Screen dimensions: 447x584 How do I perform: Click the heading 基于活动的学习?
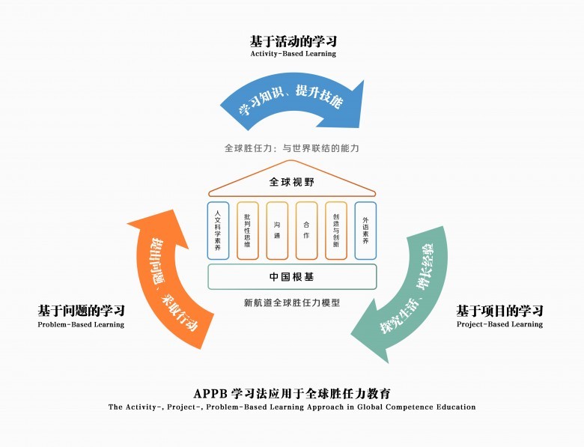point(293,40)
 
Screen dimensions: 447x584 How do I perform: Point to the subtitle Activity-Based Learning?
point(293,54)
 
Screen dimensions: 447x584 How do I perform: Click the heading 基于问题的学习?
point(81,311)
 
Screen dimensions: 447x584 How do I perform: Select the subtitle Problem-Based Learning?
point(81,325)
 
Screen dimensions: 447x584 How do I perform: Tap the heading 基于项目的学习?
point(499,311)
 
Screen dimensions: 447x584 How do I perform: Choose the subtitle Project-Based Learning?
point(499,325)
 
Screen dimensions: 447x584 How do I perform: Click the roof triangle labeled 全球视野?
point(292,182)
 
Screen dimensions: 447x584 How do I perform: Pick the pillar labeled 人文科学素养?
point(218,231)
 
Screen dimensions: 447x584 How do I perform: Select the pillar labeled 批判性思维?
point(247,231)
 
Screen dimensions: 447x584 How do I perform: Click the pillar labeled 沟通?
point(277,231)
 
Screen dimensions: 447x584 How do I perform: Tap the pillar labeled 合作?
point(306,231)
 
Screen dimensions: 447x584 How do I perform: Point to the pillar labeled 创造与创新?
point(336,231)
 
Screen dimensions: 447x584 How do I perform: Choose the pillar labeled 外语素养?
point(365,231)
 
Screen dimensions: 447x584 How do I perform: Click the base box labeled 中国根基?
point(292,277)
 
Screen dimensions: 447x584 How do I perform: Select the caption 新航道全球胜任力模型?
point(292,303)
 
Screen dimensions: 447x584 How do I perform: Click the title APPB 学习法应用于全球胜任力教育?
point(292,393)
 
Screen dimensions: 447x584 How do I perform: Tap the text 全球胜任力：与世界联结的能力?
point(292,148)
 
